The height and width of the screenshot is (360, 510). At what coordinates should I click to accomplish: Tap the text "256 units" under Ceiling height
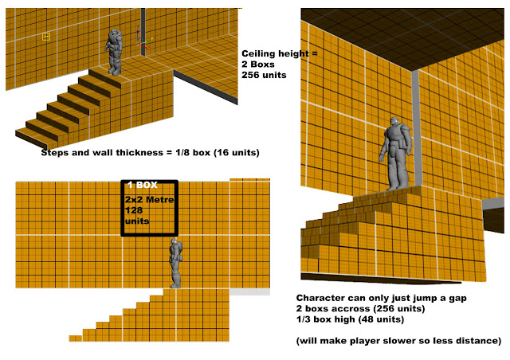tap(264, 75)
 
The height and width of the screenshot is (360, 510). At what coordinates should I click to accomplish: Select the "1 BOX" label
tap(143, 185)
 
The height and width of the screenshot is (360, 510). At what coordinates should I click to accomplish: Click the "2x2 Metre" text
tap(149, 199)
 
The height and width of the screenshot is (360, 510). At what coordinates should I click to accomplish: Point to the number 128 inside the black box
tap(134, 210)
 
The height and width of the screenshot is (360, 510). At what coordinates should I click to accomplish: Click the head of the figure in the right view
tap(394, 123)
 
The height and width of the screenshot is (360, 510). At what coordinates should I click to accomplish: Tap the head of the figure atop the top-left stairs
tap(114, 33)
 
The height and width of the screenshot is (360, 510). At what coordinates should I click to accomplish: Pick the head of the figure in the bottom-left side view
tap(175, 242)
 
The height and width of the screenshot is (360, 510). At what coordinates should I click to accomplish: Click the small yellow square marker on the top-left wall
tap(46, 37)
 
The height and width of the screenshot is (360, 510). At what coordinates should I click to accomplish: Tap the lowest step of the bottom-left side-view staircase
tap(76, 338)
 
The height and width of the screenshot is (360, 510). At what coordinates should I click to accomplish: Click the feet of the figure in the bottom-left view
tap(175, 285)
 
